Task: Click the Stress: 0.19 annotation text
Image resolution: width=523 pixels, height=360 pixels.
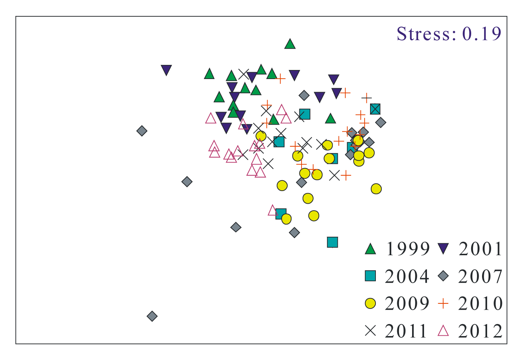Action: [x=449, y=34]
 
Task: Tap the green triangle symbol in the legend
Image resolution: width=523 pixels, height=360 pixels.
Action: [x=370, y=249]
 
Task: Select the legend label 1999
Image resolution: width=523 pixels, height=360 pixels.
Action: [x=408, y=249]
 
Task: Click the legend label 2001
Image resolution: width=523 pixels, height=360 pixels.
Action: [x=481, y=249]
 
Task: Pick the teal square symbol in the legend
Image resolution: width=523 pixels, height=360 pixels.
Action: [x=370, y=276]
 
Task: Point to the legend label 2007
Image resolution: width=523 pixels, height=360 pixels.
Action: [x=481, y=277]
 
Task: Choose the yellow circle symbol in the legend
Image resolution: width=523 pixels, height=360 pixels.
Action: [x=370, y=303]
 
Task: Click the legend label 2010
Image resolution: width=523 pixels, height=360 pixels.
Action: [x=481, y=304]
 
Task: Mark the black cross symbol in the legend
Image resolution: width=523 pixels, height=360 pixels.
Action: [x=370, y=331]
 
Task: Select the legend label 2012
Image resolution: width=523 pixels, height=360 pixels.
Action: [x=481, y=331]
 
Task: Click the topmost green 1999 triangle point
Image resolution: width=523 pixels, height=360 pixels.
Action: [x=290, y=44]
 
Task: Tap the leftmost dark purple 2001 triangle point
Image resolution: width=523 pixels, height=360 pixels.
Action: [x=166, y=70]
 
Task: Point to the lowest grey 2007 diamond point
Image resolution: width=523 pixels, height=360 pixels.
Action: [x=152, y=316]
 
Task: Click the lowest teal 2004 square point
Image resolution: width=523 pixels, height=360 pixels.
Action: [x=332, y=242]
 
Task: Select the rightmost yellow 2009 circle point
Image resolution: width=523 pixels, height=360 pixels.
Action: [x=376, y=189]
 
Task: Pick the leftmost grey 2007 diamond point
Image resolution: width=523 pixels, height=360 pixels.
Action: [x=142, y=131]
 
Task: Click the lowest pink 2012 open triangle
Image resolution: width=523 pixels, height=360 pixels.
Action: [x=273, y=210]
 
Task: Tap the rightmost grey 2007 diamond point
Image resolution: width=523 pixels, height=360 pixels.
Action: [x=381, y=123]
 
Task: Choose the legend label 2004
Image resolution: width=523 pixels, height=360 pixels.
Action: [x=407, y=277]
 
